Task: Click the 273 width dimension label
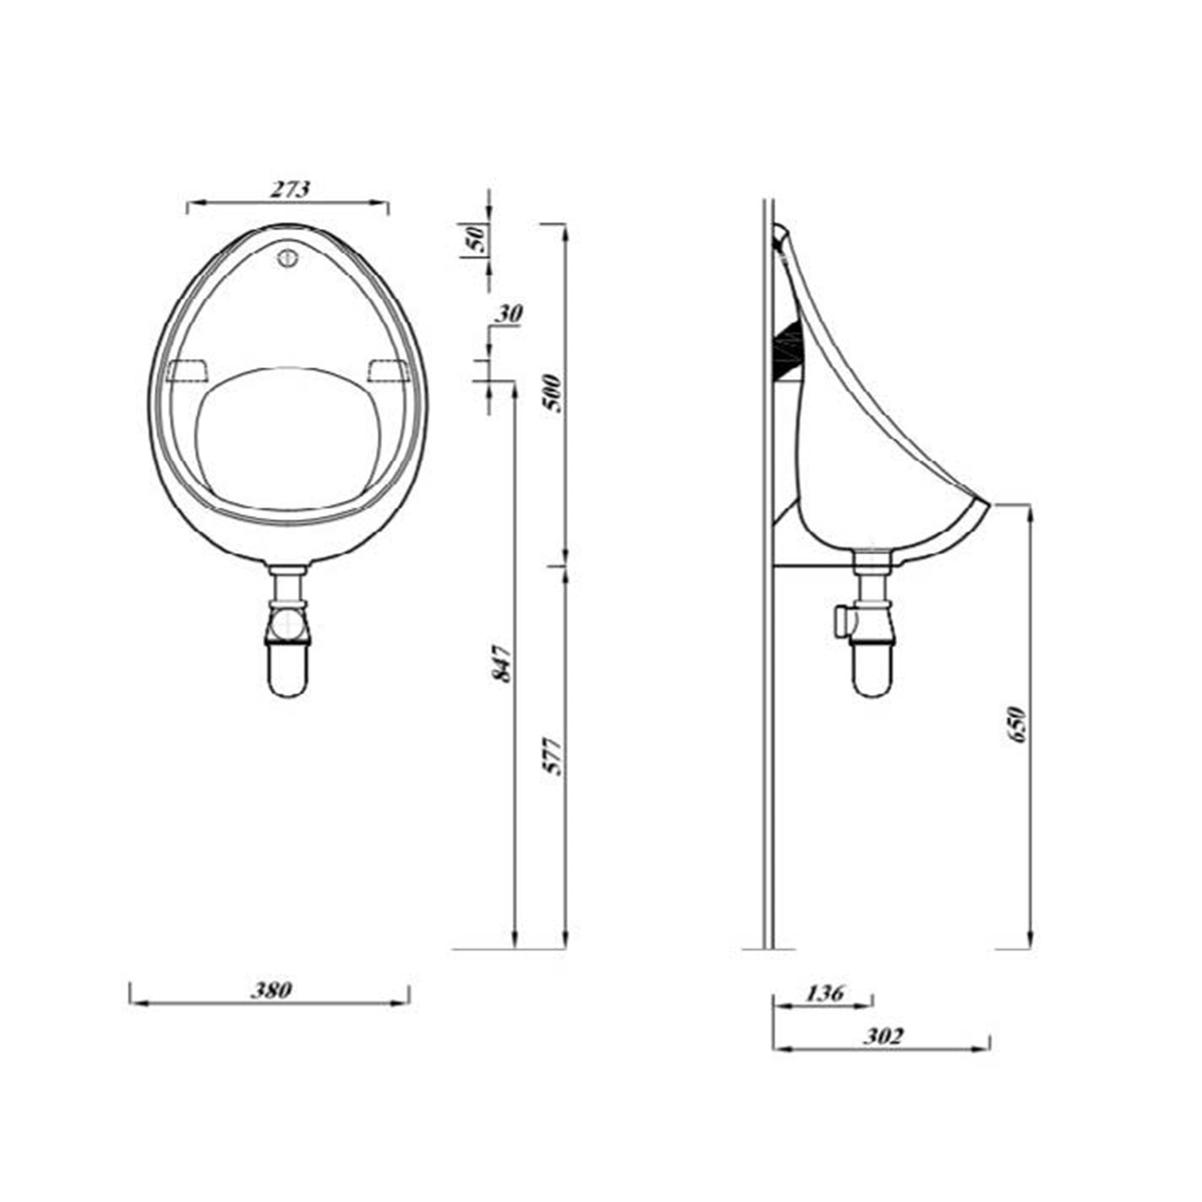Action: (x=288, y=189)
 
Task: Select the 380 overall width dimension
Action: (x=270, y=989)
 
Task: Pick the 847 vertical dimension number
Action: (x=502, y=664)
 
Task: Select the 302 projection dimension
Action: (x=883, y=1037)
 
